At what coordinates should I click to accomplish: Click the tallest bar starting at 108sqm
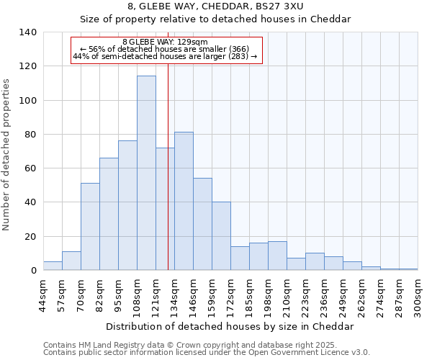pos(146,173)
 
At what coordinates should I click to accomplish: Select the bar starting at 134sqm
pos(184,201)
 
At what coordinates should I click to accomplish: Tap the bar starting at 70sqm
pos(90,227)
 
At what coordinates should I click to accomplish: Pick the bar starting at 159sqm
pos(221,236)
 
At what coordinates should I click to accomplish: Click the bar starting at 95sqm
pos(127,205)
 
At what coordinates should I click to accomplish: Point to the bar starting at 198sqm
pos(277,256)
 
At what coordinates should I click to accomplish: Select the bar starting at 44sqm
pos(53,266)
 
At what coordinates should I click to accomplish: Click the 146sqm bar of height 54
pos(202,224)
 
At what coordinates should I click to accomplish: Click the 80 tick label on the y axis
pos(30,135)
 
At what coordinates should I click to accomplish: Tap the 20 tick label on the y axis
pos(30,237)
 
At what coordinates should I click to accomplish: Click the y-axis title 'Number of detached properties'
pos(6,155)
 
